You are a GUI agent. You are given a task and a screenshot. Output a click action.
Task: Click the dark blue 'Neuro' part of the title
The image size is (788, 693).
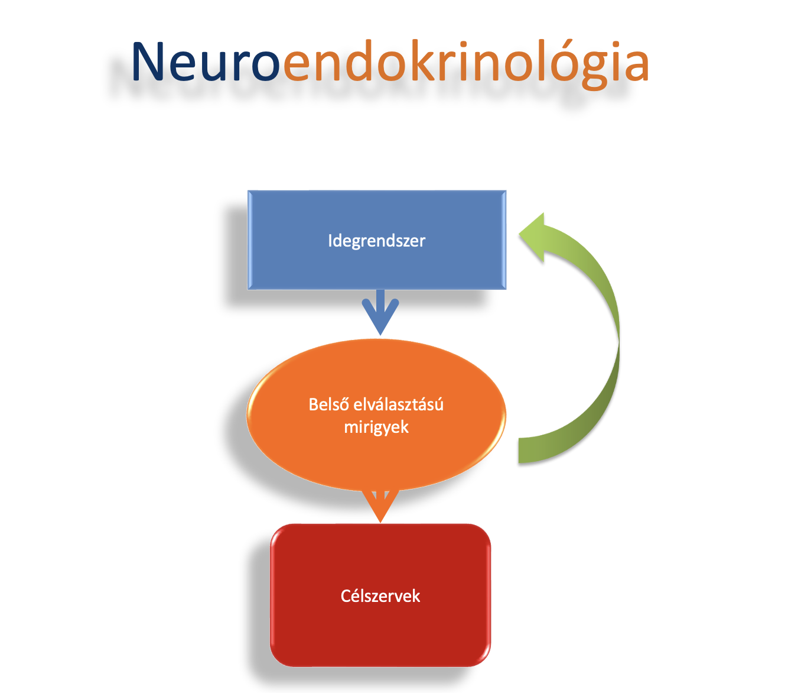click(x=206, y=61)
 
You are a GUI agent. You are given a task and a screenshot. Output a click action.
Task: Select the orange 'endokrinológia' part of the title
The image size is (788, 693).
click(x=466, y=64)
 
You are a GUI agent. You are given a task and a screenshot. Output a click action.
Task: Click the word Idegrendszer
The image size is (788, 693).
click(x=376, y=240)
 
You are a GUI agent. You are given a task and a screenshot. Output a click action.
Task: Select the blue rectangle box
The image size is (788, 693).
click(x=376, y=239)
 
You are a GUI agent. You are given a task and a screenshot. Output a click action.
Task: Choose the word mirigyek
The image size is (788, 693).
click(x=376, y=428)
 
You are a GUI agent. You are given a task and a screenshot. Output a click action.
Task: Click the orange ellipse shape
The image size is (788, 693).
click(x=376, y=414)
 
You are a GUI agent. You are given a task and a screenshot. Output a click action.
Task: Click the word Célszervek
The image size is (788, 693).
click(x=380, y=595)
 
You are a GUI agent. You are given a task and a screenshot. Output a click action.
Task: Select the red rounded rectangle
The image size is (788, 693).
click(x=380, y=595)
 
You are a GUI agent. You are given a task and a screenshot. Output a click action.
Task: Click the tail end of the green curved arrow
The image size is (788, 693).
click(x=520, y=450)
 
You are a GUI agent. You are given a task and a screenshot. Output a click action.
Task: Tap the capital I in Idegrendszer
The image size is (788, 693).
click(x=330, y=240)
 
